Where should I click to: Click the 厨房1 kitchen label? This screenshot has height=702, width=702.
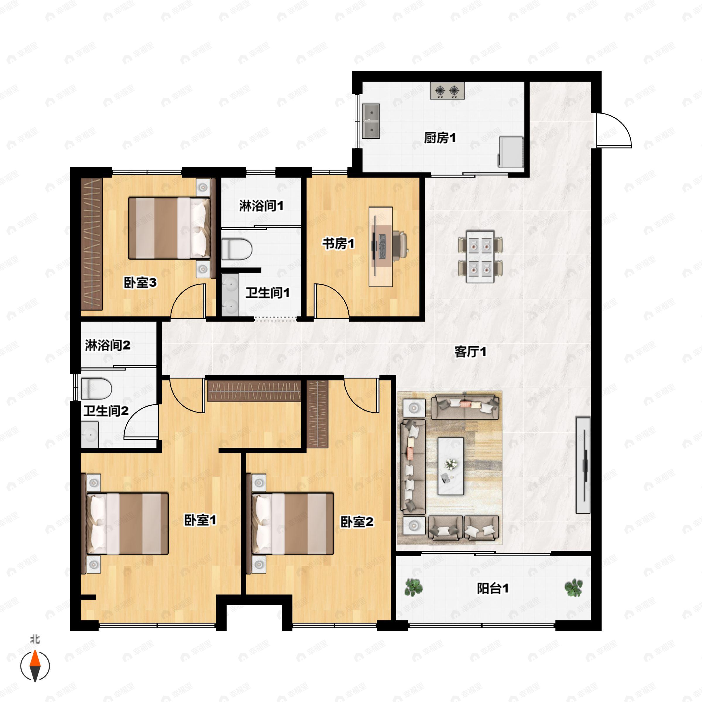440,138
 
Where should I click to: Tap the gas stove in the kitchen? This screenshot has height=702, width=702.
447,90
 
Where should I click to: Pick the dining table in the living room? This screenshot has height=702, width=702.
480,257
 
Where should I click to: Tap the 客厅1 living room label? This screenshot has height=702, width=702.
470,352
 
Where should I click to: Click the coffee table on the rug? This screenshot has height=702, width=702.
450,466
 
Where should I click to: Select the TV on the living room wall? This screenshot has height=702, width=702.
583,465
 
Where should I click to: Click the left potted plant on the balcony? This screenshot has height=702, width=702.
414,588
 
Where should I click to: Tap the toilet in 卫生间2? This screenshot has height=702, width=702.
96,388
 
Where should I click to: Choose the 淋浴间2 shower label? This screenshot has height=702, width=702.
108,345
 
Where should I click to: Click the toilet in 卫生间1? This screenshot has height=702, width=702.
237,249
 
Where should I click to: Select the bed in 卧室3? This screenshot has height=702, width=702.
169,228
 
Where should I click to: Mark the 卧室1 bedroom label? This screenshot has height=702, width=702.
200,520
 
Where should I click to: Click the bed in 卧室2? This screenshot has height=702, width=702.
293,524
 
